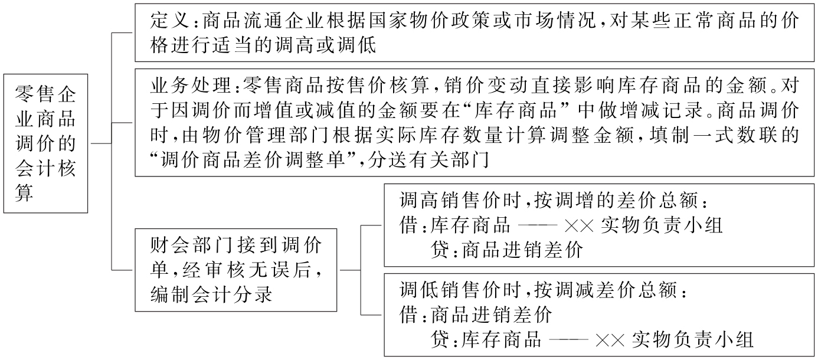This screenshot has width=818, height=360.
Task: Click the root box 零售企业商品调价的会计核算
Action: click(x=45, y=143)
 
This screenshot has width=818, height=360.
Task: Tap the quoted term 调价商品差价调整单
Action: click(x=250, y=159)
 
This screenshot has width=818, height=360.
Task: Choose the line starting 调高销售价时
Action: click(x=551, y=201)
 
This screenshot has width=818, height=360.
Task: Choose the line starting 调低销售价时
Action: click(x=543, y=290)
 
